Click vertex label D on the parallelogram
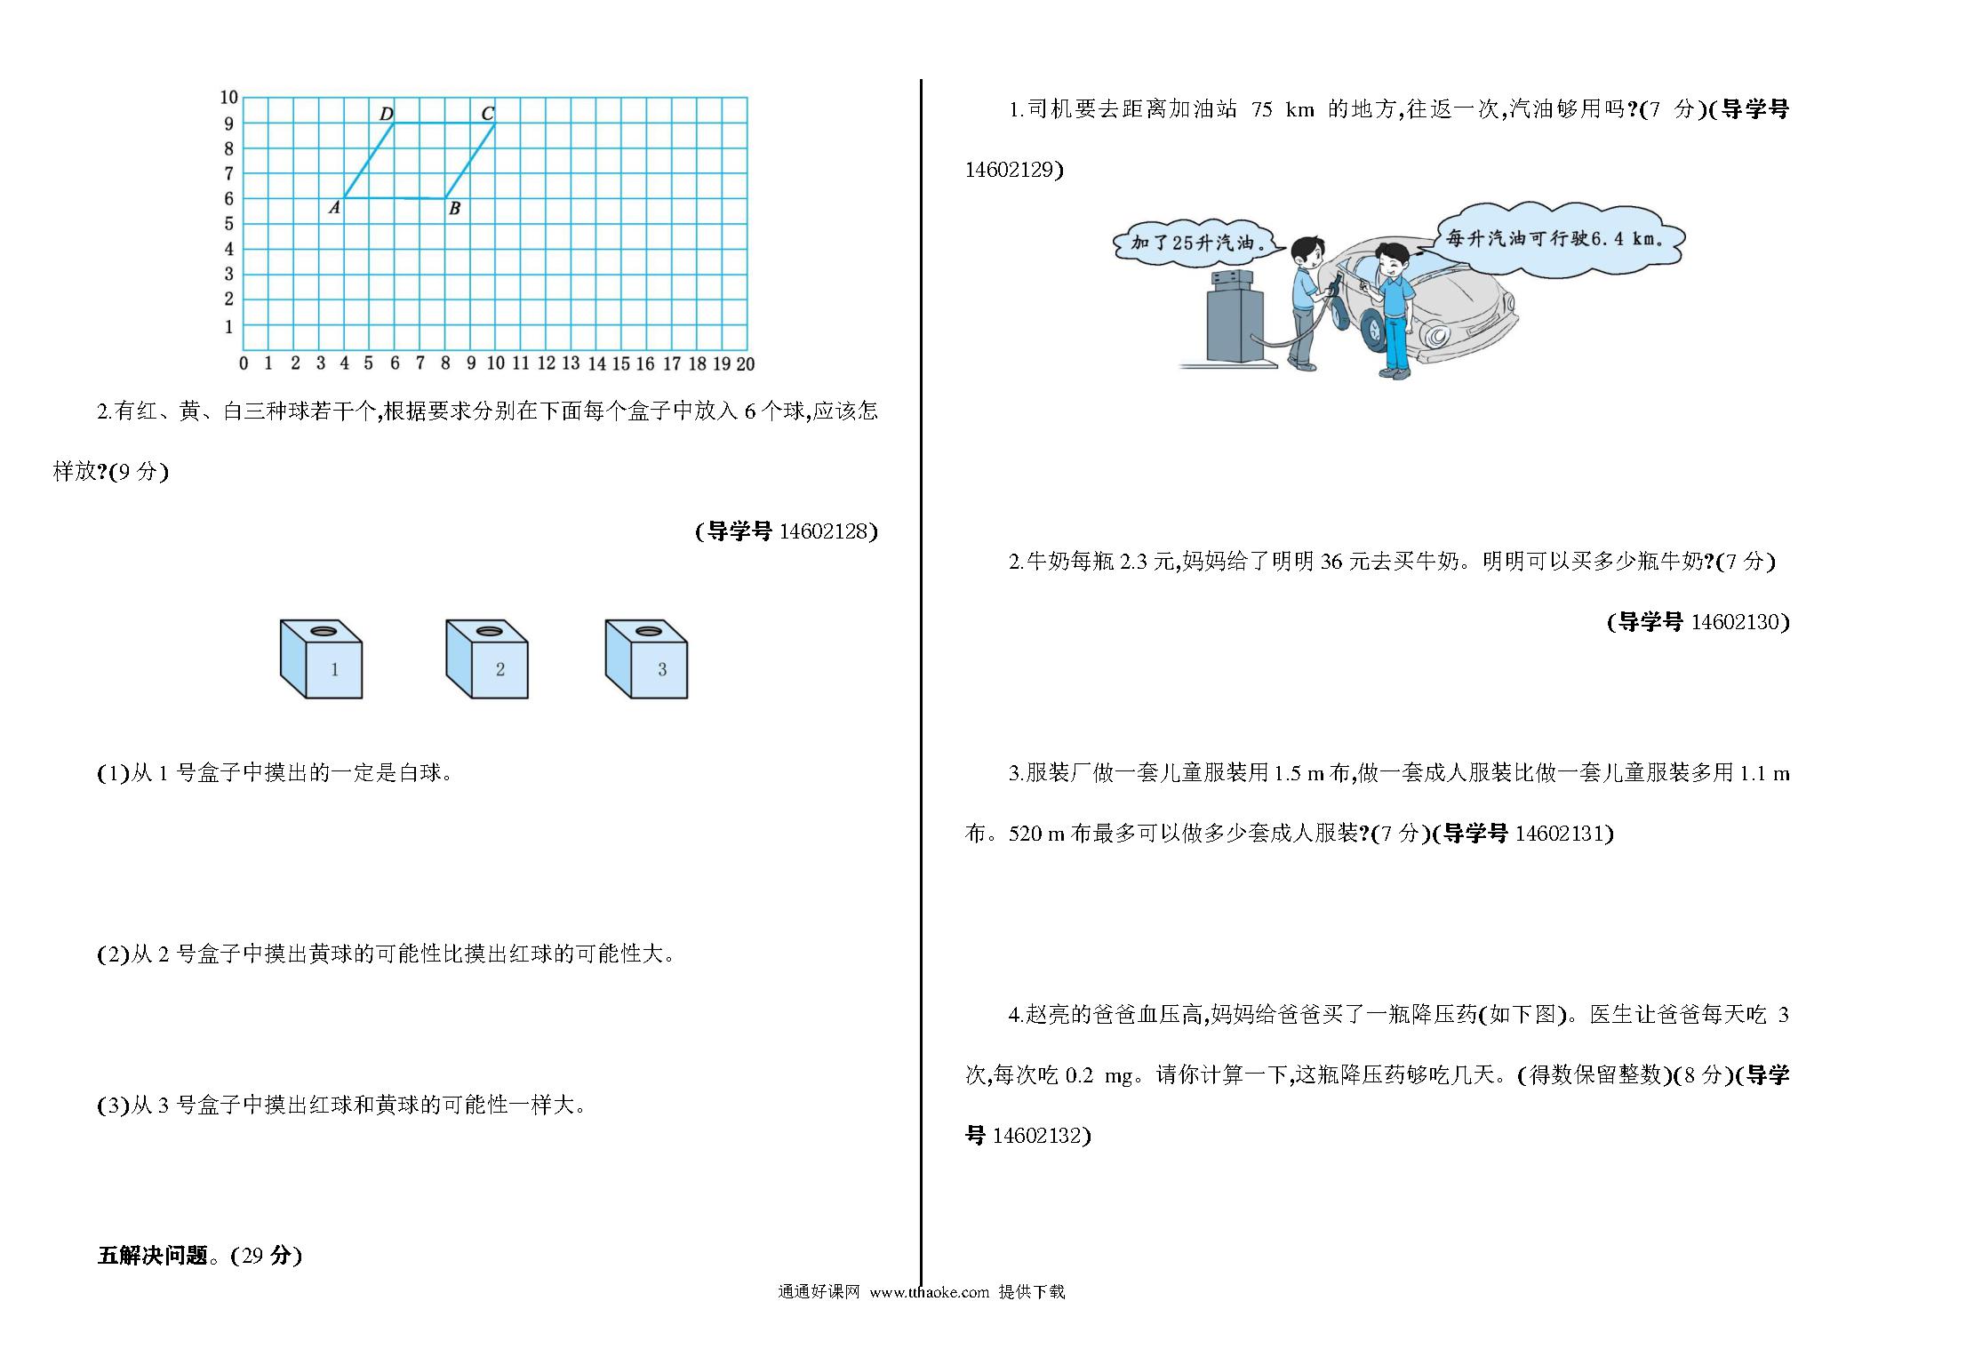click(387, 114)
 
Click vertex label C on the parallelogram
click(487, 113)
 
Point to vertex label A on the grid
click(334, 208)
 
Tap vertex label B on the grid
click(454, 209)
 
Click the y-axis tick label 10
click(228, 97)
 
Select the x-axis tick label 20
click(746, 363)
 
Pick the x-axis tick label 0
click(244, 363)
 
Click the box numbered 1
click(321, 659)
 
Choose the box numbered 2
click(486, 659)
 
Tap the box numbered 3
click(646, 659)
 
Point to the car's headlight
click(1435, 335)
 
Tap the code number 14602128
click(824, 531)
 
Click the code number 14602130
click(1736, 622)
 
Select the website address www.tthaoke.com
click(929, 1292)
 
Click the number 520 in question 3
click(1025, 834)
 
